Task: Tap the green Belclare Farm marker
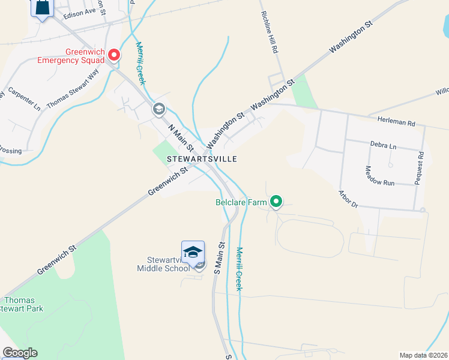(x=276, y=202)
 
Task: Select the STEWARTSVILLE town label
(x=202, y=159)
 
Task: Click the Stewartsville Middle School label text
(x=168, y=264)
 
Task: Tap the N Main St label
(x=181, y=138)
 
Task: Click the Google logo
(x=19, y=353)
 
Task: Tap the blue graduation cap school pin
(x=193, y=253)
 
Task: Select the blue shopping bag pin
(x=42, y=8)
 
